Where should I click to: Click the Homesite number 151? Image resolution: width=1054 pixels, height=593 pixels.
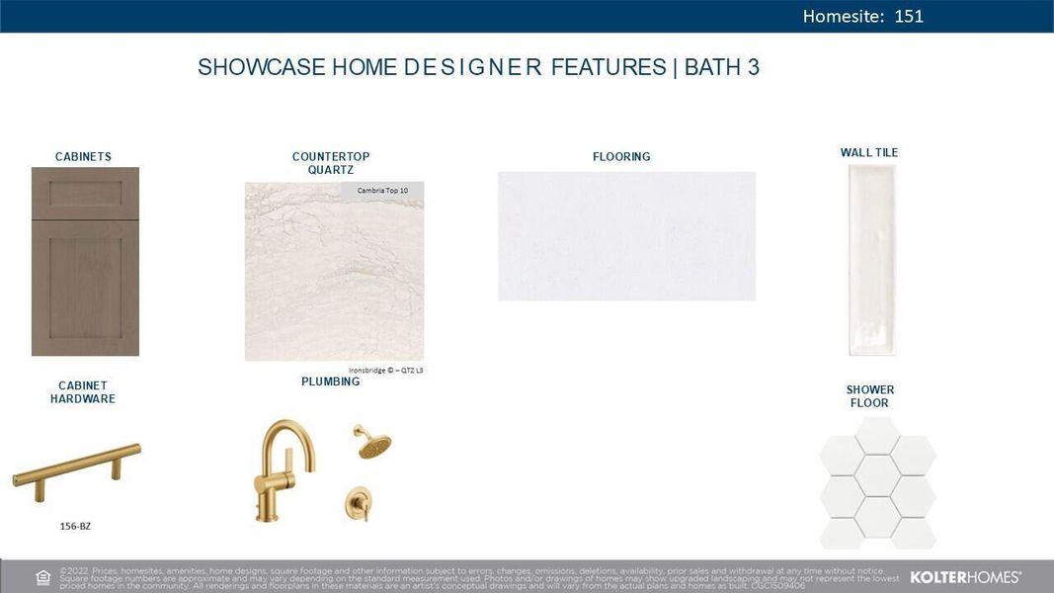[x=909, y=16]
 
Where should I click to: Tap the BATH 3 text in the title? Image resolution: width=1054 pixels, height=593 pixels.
[x=722, y=67]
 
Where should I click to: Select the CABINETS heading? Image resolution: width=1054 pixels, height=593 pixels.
[x=83, y=156]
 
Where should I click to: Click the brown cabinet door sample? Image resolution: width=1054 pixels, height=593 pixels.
[x=85, y=261]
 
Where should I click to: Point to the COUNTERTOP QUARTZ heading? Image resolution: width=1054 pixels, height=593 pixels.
[x=331, y=163]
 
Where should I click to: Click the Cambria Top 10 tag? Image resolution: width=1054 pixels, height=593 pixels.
[x=382, y=190]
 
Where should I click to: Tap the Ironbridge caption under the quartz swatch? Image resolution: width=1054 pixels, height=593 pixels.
[x=385, y=371]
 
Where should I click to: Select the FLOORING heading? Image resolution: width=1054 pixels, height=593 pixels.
[x=621, y=156]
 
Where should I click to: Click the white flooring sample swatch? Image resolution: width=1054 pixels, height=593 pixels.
[x=626, y=236]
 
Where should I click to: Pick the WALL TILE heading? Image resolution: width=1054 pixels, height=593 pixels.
[x=869, y=152]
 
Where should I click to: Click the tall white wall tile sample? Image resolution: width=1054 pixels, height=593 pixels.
[x=872, y=259]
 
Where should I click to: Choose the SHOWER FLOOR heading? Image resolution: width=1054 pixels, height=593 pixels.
[x=870, y=396]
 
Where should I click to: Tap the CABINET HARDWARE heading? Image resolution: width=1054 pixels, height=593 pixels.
[x=83, y=392]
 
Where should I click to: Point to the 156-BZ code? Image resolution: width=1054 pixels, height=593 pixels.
[x=75, y=526]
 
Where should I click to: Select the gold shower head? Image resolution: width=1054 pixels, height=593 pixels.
[x=373, y=443]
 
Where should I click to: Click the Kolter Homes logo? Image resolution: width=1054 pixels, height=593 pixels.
[x=965, y=577]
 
